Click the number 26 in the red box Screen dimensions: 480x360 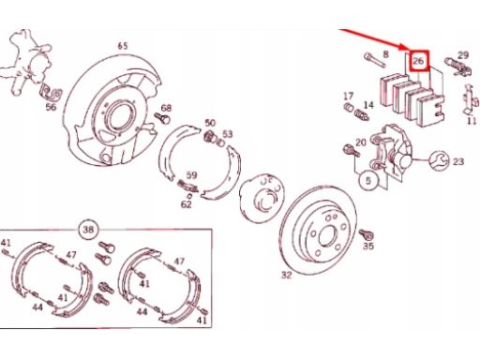tap(418, 61)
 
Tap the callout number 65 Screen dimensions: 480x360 tap(123, 46)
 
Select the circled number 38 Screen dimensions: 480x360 tap(88, 230)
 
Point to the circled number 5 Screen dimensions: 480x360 tap(368, 180)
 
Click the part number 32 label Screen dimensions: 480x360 tap(287, 275)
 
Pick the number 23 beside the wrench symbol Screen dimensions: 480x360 tap(458, 161)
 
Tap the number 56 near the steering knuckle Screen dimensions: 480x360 tap(51, 107)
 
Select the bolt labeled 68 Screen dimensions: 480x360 tap(162, 118)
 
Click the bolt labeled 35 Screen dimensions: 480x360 tap(366, 234)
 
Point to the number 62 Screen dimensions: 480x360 tap(187, 204)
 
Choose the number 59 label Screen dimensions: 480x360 tap(191, 175)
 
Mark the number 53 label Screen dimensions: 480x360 tap(228, 134)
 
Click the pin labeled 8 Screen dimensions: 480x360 tap(374, 60)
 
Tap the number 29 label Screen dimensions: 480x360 tap(463, 55)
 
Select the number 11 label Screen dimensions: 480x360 tap(472, 121)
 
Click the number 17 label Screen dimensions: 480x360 tap(349, 96)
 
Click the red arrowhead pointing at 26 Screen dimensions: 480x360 tap(405, 48)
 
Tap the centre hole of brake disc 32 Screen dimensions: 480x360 tap(326, 235)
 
